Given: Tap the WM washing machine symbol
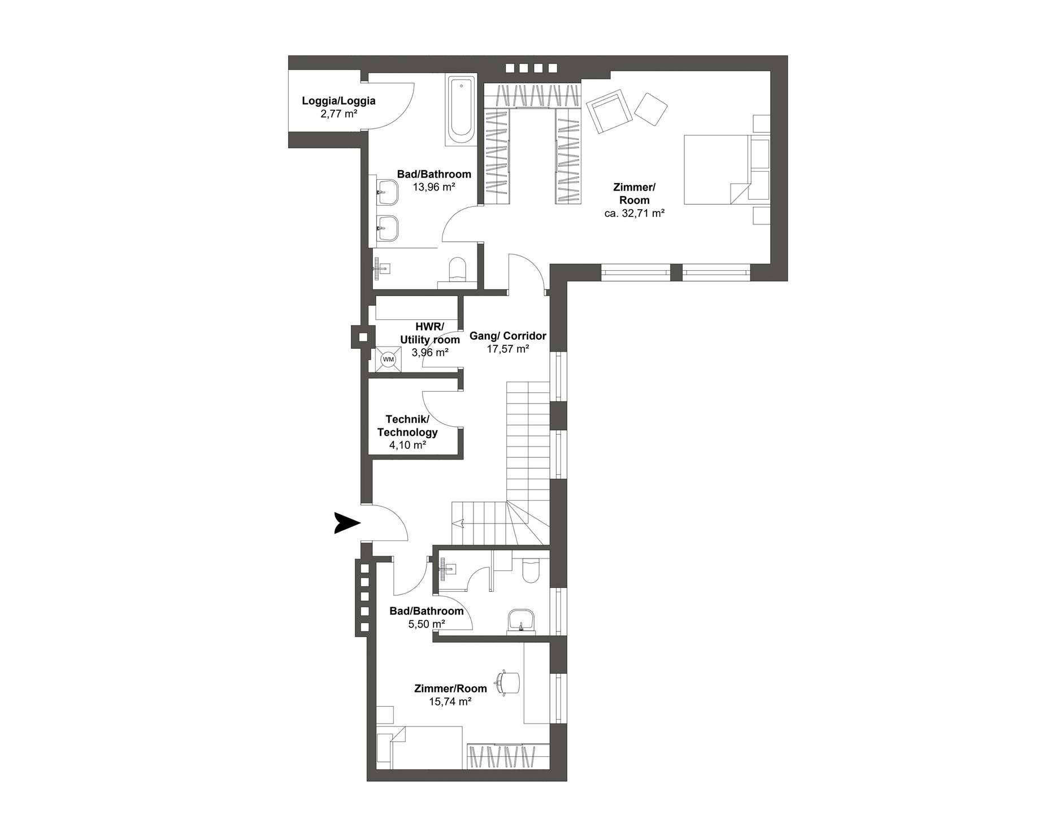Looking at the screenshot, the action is pyautogui.click(x=388, y=358).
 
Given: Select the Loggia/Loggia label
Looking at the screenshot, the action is pyautogui.click(x=338, y=101).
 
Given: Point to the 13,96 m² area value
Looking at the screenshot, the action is pyautogui.click(x=434, y=187).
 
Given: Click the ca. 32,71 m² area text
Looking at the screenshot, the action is pyautogui.click(x=634, y=214).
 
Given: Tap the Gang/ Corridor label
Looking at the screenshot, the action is pyautogui.click(x=508, y=336).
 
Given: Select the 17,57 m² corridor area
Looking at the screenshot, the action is pyautogui.click(x=508, y=349).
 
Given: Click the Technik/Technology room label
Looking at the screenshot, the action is pyautogui.click(x=407, y=426).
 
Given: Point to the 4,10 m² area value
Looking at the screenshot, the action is pyautogui.click(x=407, y=445).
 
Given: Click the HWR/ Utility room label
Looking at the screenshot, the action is pyautogui.click(x=430, y=333).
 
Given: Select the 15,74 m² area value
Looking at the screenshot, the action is pyautogui.click(x=450, y=702).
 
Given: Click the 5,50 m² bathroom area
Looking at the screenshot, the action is pyautogui.click(x=427, y=624).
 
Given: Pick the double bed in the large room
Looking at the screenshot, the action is pyautogui.click(x=718, y=170).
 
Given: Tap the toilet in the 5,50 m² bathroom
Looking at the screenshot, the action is pyautogui.click(x=531, y=570).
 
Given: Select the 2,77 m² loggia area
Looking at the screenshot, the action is pyautogui.click(x=338, y=114).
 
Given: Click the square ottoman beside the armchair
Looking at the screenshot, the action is pyautogui.click(x=651, y=109).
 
